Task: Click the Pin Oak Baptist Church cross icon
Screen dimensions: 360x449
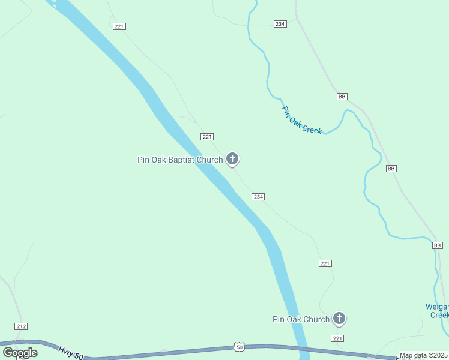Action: coord(232,159)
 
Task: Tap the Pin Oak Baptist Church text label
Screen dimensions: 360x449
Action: coord(180,160)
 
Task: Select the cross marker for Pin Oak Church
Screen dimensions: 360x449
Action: coord(339,319)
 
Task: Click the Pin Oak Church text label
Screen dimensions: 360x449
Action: coord(301,319)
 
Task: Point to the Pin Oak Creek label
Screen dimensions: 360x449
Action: coord(302,120)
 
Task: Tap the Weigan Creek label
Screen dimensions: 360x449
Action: coord(437,310)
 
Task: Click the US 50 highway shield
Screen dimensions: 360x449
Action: coord(239,347)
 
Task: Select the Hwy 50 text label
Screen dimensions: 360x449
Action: coord(70,352)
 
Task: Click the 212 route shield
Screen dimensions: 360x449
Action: coord(21,326)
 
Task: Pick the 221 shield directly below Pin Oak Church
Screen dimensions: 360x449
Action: coord(337,338)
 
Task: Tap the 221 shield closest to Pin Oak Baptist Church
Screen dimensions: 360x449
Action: coord(207,137)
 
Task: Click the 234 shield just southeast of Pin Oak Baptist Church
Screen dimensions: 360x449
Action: coord(258,197)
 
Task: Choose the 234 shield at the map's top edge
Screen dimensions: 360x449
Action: coord(280,24)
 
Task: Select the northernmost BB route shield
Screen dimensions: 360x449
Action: coord(342,97)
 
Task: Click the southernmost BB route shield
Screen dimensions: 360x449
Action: coord(437,245)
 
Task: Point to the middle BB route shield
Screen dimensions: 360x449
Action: coord(391,169)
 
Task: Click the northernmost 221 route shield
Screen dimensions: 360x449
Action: coord(119,26)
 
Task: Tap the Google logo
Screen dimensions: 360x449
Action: coord(20,353)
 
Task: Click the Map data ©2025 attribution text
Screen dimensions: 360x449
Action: coord(424,355)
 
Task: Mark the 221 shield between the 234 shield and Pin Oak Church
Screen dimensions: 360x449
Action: coord(325,263)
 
